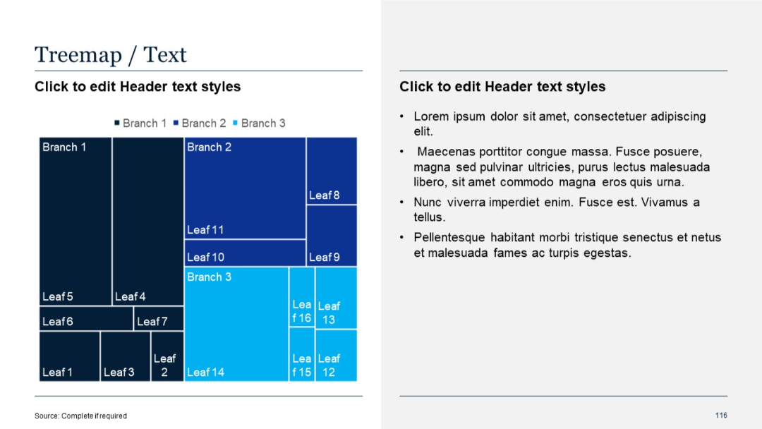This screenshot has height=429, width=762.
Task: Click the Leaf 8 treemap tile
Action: coord(332,171)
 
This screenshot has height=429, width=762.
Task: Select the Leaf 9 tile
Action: coord(332,235)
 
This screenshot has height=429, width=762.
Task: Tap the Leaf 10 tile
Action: coord(245,253)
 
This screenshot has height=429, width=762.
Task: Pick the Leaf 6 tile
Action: coord(86,318)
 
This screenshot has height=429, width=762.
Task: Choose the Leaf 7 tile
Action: coord(159,318)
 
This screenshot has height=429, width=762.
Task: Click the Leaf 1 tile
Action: coord(70,356)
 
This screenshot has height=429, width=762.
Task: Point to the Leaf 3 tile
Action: coord(126,356)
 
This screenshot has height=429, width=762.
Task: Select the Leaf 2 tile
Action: coord(167,356)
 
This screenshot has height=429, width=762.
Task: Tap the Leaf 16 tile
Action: coord(302,297)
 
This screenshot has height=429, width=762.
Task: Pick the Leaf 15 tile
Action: coord(302,354)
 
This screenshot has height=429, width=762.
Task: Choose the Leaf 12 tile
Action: coord(336,355)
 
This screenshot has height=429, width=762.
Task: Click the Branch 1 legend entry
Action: coord(140,123)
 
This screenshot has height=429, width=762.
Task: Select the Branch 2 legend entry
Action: coord(200,123)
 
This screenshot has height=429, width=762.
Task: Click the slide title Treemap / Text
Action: coord(111,54)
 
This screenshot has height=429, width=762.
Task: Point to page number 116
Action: coord(721,415)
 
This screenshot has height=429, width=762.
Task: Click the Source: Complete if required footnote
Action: coord(81,416)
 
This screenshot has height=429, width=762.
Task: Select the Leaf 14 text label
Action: coord(205,373)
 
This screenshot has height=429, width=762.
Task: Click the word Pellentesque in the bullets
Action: coord(449,238)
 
